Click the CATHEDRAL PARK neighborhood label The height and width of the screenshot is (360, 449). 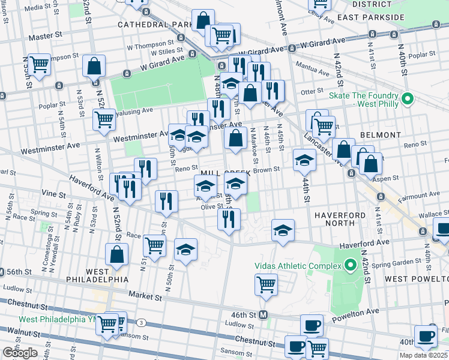(x=155, y=25)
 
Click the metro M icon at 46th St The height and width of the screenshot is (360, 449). (x=262, y=314)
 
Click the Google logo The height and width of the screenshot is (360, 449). (x=20, y=353)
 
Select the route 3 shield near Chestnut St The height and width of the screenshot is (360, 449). (x=141, y=322)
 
